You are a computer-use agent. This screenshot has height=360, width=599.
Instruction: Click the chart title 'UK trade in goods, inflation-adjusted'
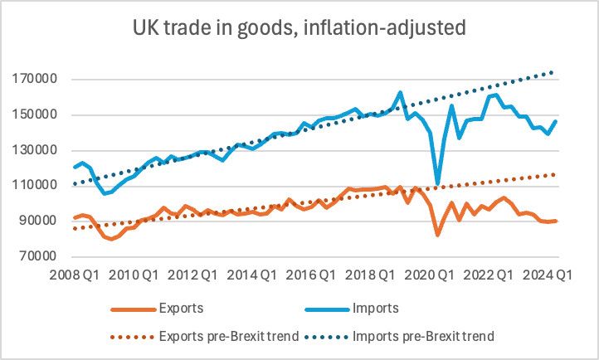point(299,27)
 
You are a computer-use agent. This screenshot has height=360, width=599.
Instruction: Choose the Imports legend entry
point(376,309)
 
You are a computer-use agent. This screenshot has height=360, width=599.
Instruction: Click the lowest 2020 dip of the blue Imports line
point(437,183)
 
